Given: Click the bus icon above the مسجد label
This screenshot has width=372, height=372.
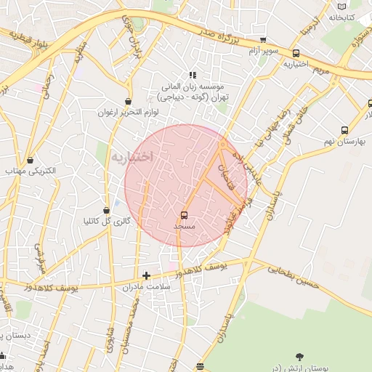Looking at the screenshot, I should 183,215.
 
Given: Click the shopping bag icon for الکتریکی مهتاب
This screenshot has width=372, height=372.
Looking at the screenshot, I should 30,160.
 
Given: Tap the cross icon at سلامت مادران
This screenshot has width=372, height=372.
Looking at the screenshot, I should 147,275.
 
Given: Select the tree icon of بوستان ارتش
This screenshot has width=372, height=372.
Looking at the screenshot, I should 299,356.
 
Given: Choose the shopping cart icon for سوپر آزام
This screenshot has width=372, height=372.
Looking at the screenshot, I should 263,40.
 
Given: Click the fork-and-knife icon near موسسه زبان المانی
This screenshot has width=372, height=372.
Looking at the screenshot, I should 193,74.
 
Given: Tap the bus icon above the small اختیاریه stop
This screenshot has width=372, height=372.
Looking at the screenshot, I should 296,53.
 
